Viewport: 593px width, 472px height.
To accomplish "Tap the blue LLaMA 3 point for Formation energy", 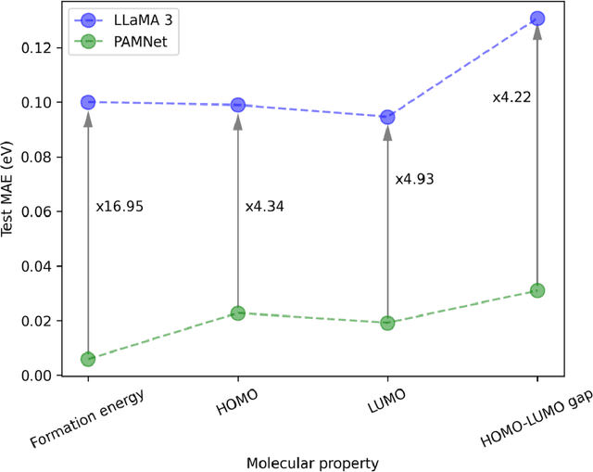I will pos(88,102).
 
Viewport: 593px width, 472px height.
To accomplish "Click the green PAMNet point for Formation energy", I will pos(88,359).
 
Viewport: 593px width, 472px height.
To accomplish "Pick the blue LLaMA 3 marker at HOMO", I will pos(238,105).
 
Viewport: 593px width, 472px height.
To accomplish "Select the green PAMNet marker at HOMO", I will pos(238,313).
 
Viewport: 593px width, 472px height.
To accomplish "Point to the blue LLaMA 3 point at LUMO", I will pos(387,117).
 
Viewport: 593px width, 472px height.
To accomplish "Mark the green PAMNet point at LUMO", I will pos(387,323).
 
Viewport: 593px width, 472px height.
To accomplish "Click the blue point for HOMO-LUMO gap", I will pos(537,19).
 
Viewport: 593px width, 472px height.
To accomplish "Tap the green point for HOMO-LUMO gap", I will pos(537,290).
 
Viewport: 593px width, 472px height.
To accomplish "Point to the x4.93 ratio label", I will pos(414,179).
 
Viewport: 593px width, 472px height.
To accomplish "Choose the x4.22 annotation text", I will pos(511,96).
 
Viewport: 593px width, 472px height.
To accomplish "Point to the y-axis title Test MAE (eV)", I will pos(10,190).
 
